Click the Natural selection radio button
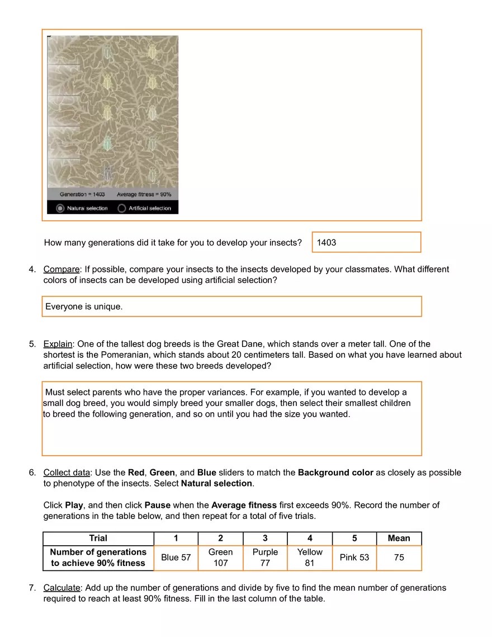(60, 208)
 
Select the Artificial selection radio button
(122, 208)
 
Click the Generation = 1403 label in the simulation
(82, 194)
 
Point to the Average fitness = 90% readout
(144, 194)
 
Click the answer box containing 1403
(366, 242)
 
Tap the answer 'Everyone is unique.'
(84, 306)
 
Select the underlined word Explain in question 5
(58, 344)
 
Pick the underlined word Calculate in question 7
(62, 588)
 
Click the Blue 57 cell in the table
(176, 558)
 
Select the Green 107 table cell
(220, 558)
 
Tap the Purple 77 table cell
(265, 558)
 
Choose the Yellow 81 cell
(310, 558)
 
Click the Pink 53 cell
(354, 558)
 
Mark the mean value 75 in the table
(399, 558)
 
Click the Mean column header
(399, 538)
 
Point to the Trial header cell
(98, 538)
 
